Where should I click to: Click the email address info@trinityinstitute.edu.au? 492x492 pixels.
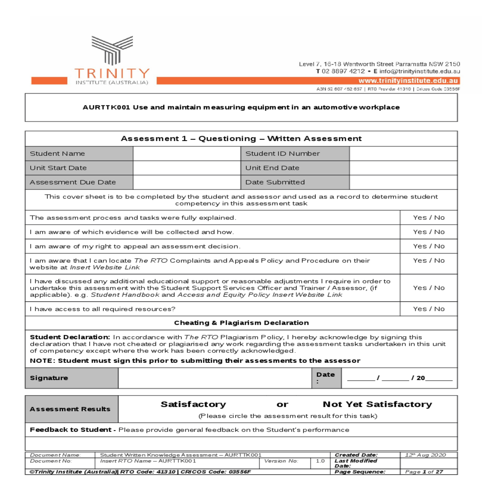419,71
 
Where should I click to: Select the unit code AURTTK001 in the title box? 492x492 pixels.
106,107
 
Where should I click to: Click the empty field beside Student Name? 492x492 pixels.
187,154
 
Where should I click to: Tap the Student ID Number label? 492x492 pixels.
282,154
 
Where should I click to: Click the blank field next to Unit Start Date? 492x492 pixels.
187,168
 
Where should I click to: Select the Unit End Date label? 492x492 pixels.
272,168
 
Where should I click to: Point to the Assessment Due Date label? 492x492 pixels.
73,182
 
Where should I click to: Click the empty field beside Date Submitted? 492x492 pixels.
403,182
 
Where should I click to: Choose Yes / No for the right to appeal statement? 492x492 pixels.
428,246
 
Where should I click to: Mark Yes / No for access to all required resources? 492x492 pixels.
428,309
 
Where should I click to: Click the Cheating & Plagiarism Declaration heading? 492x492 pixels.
241,323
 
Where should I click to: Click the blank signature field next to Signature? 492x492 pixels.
214,378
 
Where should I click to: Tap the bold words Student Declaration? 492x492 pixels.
70,337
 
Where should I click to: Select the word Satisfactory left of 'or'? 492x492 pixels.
193,405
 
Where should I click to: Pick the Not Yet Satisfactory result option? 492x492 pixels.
377,405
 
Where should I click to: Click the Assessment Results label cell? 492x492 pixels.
70,409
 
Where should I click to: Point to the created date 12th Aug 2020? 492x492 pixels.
425,455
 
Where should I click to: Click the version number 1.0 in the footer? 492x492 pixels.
320,461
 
